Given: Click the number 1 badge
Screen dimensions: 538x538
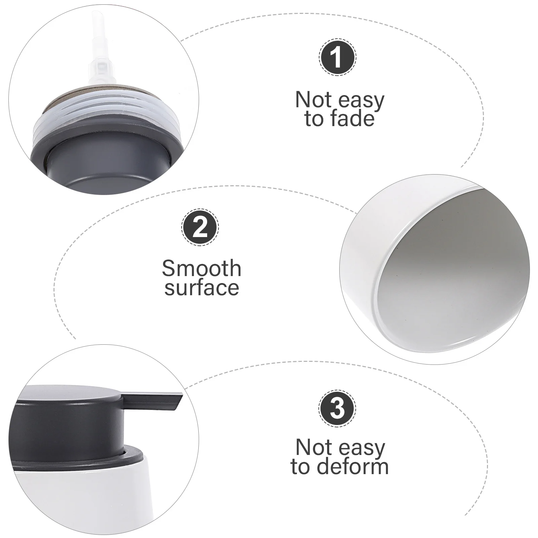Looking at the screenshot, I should tap(337, 57).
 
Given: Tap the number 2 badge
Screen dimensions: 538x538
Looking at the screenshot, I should tap(200, 228).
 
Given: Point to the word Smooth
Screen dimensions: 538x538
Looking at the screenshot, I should tap(202, 268).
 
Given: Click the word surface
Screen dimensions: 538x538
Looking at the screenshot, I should tap(202, 288).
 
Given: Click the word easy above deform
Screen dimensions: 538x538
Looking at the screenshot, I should tap(362, 448).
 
